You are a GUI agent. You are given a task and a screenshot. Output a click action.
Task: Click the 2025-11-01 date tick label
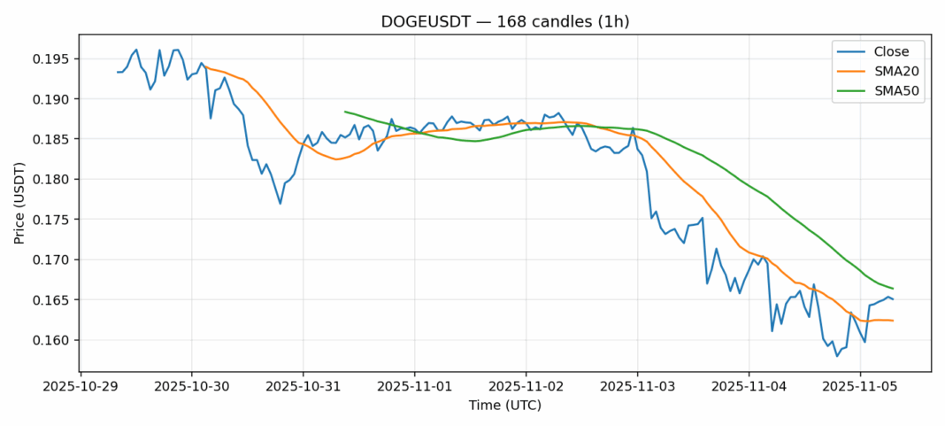pos(414,386)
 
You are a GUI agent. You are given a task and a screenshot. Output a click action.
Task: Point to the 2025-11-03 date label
pos(637,386)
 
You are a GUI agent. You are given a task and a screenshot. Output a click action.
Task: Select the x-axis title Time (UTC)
pos(505,405)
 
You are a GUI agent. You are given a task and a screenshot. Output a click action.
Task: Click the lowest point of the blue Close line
pos(837,356)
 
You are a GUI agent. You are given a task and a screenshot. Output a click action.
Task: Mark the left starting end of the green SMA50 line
pos(344,112)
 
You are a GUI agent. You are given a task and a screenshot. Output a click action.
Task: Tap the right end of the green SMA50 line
pos(892,289)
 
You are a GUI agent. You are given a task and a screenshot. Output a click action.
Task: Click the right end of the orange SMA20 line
pos(892,321)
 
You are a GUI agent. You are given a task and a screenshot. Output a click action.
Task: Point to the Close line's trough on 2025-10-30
pos(280,204)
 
